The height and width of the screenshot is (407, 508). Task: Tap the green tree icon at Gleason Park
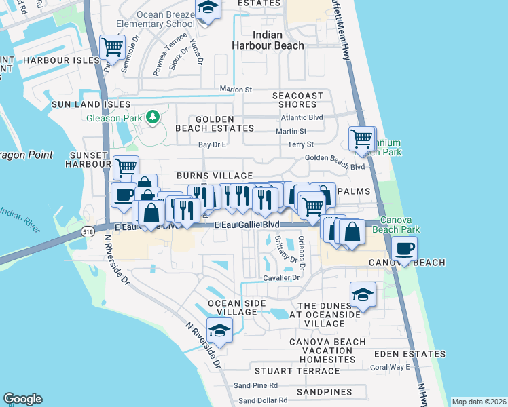pos(153,117)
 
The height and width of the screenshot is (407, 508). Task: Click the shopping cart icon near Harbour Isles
pos(112,47)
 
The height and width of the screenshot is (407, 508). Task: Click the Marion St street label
pos(236,89)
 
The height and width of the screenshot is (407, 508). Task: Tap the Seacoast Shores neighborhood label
pos(297,100)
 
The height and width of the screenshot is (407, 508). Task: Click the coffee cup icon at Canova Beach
pos(405,248)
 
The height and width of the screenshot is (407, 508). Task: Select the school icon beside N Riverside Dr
pos(219,330)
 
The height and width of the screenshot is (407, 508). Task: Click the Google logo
pos(22,399)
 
